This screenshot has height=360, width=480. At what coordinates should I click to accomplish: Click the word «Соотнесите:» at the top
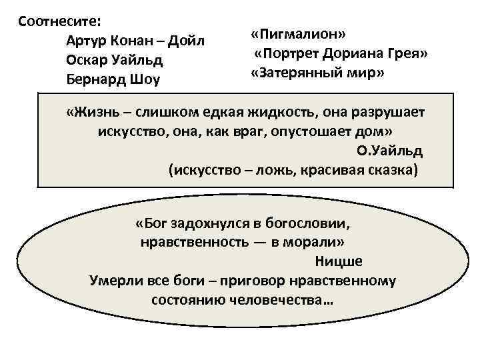click(59, 21)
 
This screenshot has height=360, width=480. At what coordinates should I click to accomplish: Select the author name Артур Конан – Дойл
click(135, 41)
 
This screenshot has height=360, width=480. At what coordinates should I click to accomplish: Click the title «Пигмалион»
click(298, 34)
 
